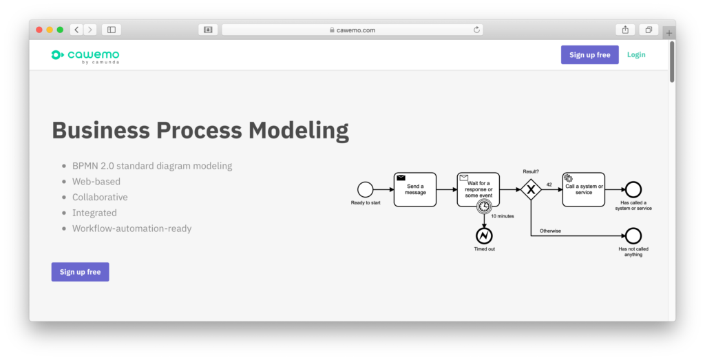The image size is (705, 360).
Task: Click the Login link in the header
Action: [636, 55]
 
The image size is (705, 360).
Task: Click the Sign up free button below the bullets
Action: [80, 272]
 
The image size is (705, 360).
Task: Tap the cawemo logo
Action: [85, 56]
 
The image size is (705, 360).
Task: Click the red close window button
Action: [39, 30]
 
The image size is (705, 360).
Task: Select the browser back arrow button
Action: [76, 30]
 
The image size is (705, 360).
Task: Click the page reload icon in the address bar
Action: [476, 30]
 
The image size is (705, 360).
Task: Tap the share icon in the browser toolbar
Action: [625, 30]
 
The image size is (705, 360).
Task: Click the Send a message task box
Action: [415, 190]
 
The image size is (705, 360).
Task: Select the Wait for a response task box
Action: [478, 189]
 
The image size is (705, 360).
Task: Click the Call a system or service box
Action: [584, 190]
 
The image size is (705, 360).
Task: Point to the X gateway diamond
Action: [531, 190]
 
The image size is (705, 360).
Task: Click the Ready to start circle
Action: [365, 190]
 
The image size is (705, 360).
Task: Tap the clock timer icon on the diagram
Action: [484, 207]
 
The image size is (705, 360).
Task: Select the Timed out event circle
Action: [484, 235]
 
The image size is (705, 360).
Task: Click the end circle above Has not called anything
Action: [633, 235]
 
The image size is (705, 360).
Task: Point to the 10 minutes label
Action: [502, 216]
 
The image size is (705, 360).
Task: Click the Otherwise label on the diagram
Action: [550, 231]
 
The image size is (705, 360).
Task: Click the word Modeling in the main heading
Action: [299, 130]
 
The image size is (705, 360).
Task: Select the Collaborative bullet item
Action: [100, 198]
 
